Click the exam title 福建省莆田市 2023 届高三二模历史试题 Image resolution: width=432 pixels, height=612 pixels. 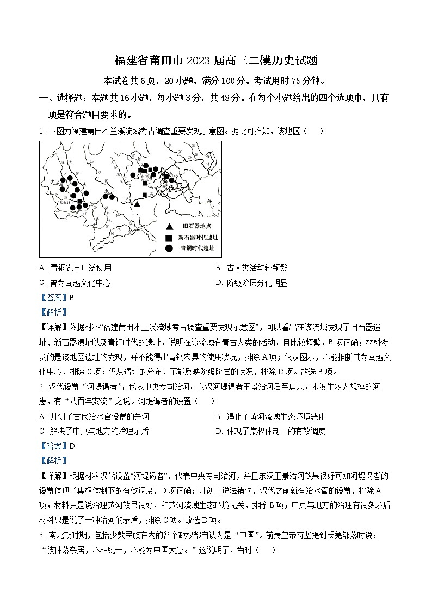216,61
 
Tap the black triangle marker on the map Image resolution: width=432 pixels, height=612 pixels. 138,203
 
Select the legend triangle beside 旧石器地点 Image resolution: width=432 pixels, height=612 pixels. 169,226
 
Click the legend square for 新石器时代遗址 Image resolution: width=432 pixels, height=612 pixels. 169,238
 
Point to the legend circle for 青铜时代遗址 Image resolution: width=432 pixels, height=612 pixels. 169,248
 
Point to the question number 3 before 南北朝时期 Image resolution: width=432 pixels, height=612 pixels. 41,535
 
